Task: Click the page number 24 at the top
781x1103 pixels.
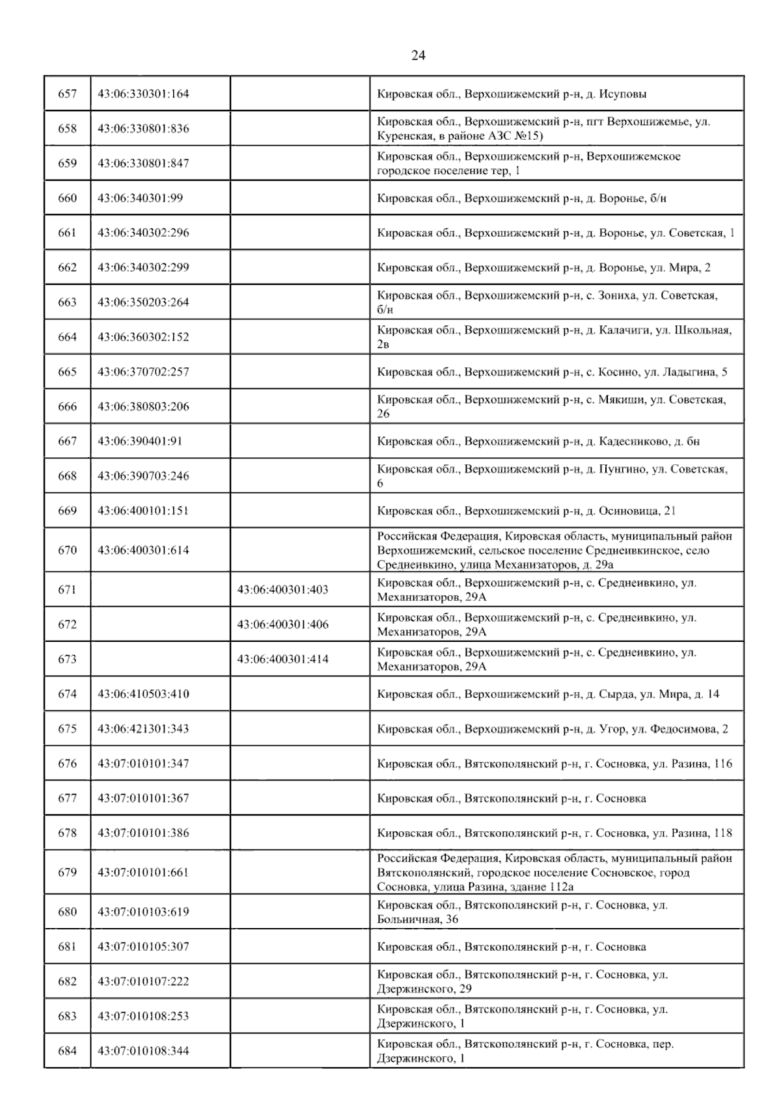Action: pyautogui.click(x=418, y=55)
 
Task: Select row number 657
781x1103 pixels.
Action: pyautogui.click(x=67, y=94)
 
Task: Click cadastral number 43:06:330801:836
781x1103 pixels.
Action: pyautogui.click(x=143, y=129)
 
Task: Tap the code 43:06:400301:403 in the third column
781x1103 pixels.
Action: pyautogui.click(x=282, y=590)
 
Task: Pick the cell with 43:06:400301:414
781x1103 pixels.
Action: pyautogui.click(x=282, y=659)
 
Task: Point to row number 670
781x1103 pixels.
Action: pyautogui.click(x=67, y=550)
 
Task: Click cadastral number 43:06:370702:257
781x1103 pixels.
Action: pyautogui.click(x=143, y=372)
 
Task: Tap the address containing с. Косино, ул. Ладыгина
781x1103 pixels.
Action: pyautogui.click(x=552, y=372)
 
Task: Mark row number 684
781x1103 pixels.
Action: pyautogui.click(x=67, y=1051)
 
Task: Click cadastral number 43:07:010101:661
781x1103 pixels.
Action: pyautogui.click(x=143, y=872)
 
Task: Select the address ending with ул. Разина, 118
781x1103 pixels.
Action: pyautogui.click(x=555, y=833)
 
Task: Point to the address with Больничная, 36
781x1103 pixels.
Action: pyautogui.click(x=522, y=912)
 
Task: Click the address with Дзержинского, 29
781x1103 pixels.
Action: pyautogui.click(x=522, y=981)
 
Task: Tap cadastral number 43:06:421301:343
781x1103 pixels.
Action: pyautogui.click(x=143, y=728)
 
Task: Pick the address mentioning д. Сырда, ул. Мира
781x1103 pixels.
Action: pyautogui.click(x=548, y=694)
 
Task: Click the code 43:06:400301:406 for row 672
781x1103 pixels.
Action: pyautogui.click(x=282, y=624)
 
